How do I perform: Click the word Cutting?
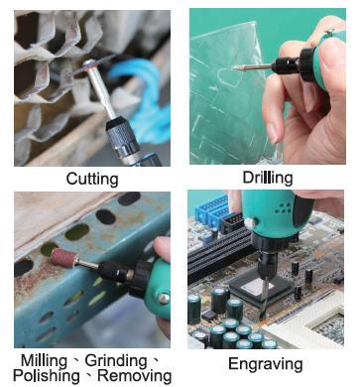pos(92,179)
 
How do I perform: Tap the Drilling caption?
pos(268,179)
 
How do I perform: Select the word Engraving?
pos(266,364)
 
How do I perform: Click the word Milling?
pos(45,361)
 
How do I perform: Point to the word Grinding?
pos(116,361)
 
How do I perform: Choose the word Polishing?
pos(47,376)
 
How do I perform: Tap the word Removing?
pos(135,376)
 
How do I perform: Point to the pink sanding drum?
pos(64,258)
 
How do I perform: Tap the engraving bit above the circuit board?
pos(266,296)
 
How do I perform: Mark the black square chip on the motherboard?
pos(261,287)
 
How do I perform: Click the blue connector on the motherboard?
pos(211,210)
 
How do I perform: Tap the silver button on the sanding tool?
pos(164,299)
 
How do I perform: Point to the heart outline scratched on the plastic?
pos(228,77)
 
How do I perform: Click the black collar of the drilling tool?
pos(307,64)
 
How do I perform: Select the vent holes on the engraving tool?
pos(283,207)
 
